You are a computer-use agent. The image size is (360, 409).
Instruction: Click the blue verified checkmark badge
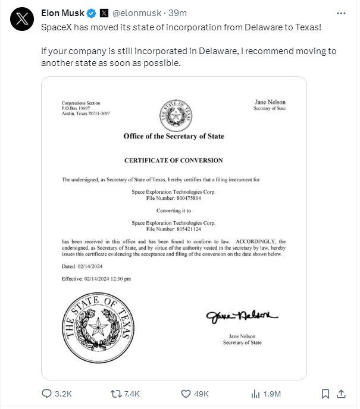(91, 12)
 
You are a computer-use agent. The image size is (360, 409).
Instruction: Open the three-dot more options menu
(341, 12)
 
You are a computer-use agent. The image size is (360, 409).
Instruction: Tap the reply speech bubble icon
(48, 394)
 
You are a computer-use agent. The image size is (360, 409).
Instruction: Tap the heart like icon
(185, 394)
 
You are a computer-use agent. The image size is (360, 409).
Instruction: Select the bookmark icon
(325, 394)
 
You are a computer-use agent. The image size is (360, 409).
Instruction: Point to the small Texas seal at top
(173, 116)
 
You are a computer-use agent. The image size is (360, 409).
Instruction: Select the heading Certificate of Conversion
(173, 161)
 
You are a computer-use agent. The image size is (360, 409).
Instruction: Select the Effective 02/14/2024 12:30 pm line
(96, 278)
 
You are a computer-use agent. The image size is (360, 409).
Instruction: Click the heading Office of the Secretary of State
(173, 137)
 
